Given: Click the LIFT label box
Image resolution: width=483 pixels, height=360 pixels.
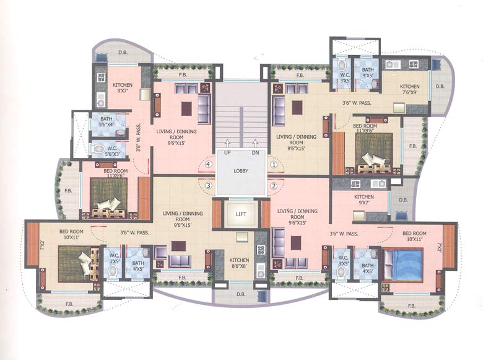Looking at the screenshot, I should click(241, 214).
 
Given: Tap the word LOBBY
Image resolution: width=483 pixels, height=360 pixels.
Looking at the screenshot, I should click(241, 170).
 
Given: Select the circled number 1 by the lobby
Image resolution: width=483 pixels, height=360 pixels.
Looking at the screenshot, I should click(273, 164).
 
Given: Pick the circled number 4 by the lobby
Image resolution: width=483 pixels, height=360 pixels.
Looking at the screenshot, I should click(209, 164).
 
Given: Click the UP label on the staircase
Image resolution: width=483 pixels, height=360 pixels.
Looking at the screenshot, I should click(228, 152).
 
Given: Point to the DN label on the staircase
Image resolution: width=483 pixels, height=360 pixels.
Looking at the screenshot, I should click(255, 152).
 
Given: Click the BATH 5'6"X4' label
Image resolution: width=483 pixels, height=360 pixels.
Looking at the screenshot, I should click(106, 121).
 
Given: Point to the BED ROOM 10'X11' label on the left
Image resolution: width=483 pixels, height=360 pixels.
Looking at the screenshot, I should click(72, 234).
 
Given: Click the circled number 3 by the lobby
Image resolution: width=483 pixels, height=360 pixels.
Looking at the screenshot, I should click(209, 185).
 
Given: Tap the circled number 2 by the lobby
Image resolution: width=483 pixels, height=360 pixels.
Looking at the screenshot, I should click(273, 185).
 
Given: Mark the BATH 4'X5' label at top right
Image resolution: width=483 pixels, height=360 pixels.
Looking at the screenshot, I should click(368, 74).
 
